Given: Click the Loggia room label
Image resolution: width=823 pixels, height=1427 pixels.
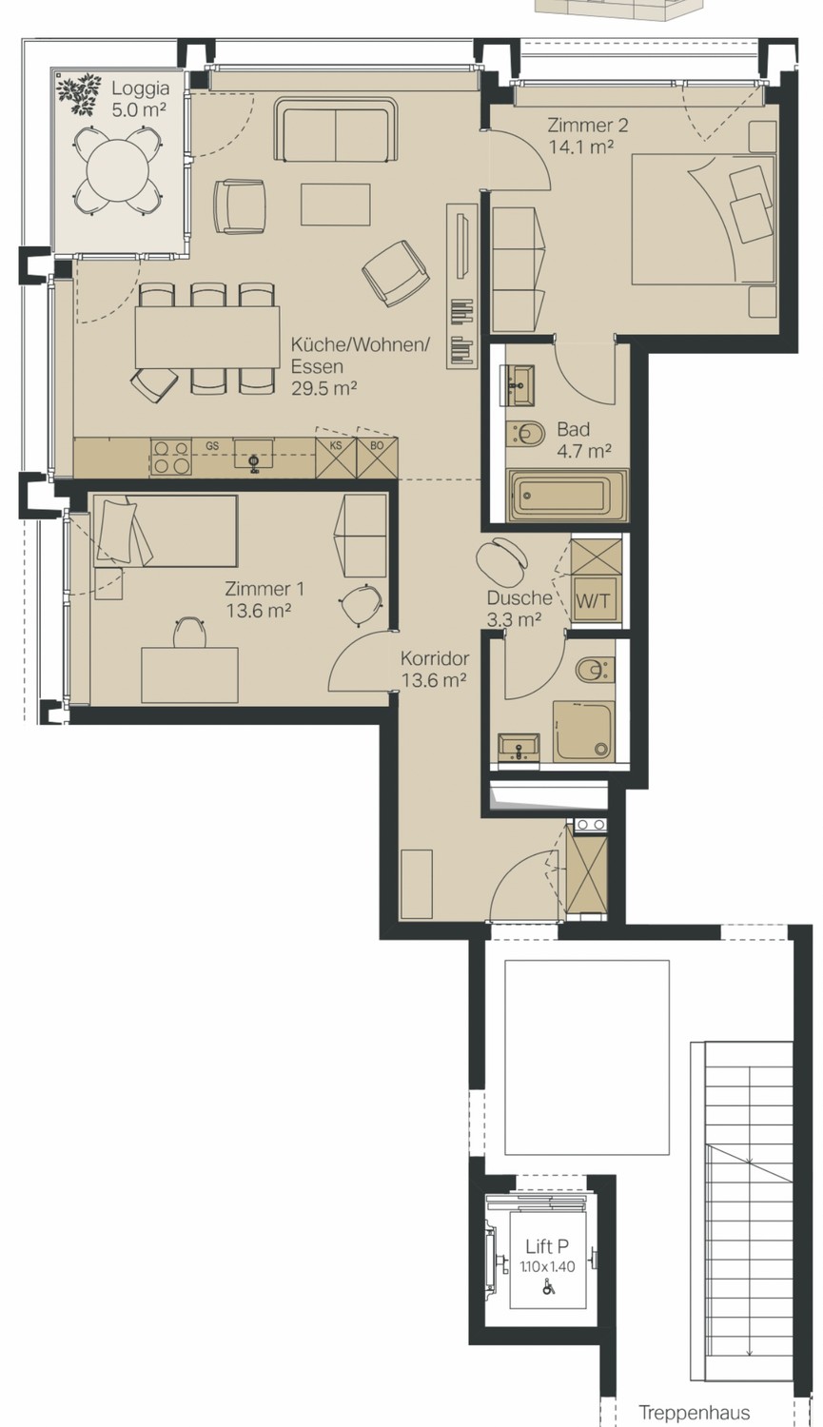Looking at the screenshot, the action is point(140,99).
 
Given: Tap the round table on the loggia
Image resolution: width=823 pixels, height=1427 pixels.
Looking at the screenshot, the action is point(118,170).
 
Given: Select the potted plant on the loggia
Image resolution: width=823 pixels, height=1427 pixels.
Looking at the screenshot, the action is point(79,94).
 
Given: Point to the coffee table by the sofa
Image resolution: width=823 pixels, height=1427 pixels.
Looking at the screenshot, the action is point(336,204).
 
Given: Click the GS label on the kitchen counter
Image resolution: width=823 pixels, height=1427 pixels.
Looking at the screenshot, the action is point(212,446).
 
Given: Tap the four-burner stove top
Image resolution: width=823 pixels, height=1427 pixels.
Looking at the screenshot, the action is point(170,457).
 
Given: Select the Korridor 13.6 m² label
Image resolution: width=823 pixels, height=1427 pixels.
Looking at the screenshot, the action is point(435,669).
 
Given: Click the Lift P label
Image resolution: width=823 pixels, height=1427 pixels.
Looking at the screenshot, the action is point(547,1245).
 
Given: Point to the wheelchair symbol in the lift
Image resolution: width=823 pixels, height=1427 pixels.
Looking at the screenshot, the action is point(548,1286).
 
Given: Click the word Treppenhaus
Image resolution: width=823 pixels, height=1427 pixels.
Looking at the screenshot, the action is point(694,1413).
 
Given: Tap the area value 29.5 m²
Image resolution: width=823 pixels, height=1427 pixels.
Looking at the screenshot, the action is point(323,388).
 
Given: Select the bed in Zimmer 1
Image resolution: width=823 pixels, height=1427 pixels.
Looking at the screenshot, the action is point(166,531).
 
